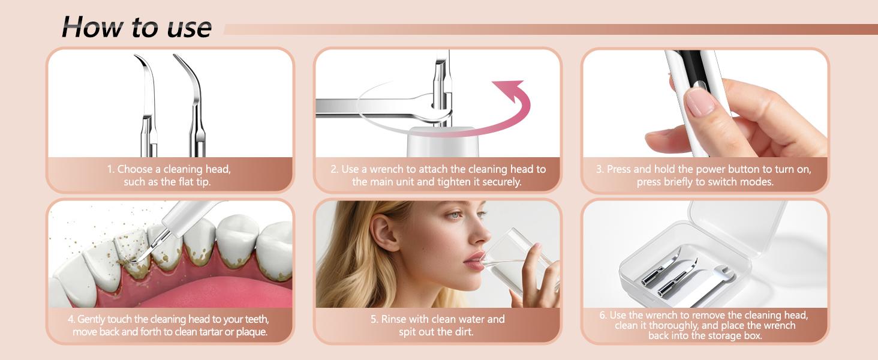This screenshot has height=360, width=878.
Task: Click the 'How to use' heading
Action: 136,26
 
